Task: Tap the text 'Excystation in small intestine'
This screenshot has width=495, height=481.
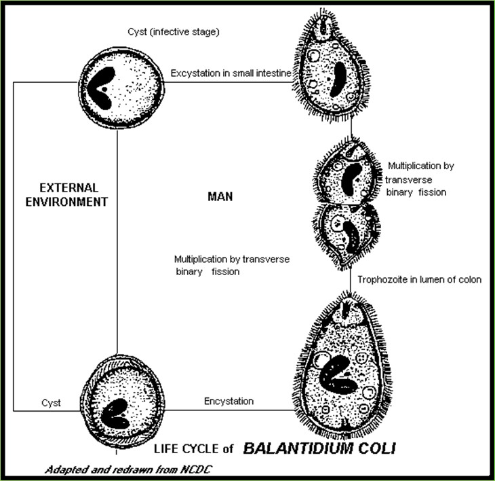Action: point(231,73)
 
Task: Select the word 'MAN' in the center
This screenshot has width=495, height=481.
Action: point(220,197)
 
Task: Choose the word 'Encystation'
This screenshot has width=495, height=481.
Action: point(229,402)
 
